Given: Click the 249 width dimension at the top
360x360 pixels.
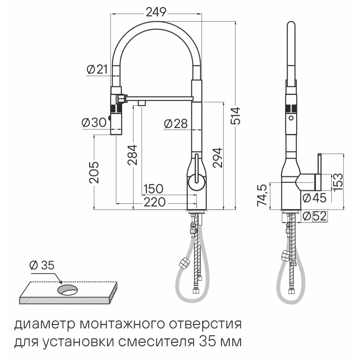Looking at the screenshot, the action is [156, 12].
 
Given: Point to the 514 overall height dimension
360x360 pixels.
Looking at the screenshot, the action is [235, 115].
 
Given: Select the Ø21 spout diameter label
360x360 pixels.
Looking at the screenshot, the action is [97, 69].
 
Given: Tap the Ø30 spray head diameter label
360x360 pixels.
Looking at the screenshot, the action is [94, 123].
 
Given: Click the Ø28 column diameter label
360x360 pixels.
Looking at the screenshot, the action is [175, 124].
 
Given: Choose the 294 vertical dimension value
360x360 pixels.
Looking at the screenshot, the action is [217, 157].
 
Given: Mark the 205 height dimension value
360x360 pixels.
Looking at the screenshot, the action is [94, 172].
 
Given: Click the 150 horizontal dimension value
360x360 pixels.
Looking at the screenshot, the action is [153, 189].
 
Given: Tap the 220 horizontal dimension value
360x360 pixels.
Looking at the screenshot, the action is [155, 202].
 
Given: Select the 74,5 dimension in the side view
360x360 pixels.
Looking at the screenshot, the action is [262, 195].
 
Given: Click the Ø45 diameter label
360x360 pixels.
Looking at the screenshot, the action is [314, 198].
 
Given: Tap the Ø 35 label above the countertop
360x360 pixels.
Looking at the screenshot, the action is [42, 265].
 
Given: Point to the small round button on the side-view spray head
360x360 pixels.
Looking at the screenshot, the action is [291, 118].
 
